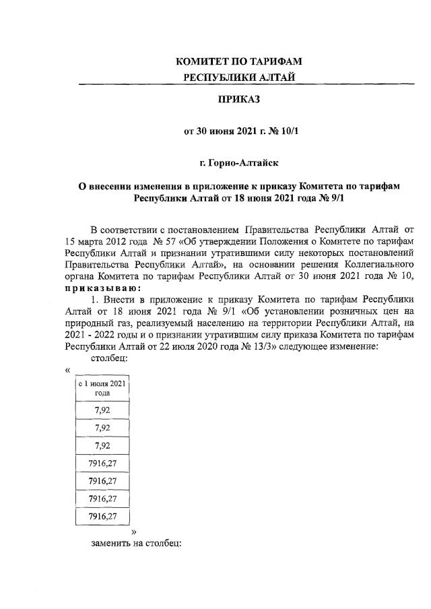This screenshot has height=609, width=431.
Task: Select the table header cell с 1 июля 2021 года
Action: pos(102,388)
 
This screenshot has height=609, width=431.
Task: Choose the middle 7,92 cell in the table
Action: pos(102,427)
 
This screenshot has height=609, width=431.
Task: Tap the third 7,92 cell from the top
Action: pos(102,445)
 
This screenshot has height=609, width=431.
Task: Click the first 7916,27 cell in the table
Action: pos(102,463)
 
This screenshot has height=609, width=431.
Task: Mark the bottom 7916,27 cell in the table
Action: pos(102,517)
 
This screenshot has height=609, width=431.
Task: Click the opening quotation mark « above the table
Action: pos(68,370)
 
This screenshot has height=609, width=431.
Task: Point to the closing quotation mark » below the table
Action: pos(134,532)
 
